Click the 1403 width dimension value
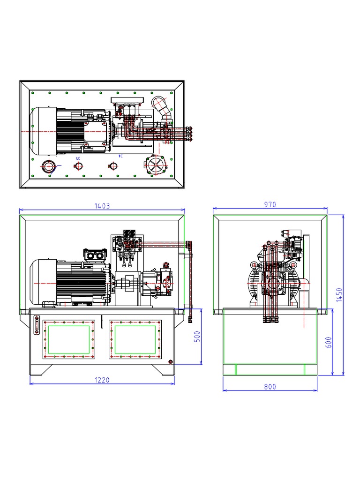coord(102,205)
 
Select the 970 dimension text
coord(270,204)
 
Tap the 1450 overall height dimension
coord(340,295)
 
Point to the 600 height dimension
coord(329,342)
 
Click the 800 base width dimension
coord(270,386)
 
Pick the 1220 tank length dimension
coord(102,380)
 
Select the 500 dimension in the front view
coord(197,336)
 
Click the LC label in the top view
coord(78,158)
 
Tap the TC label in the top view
coord(120,156)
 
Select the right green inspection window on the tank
coord(135,340)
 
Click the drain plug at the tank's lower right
coord(170,361)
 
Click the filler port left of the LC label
coord(48,166)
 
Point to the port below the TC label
coord(112,166)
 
